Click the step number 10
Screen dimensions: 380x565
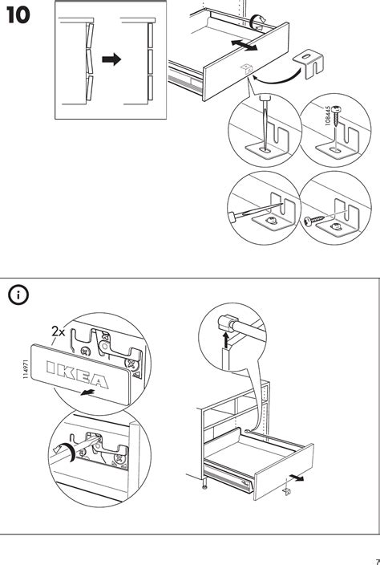[18, 16]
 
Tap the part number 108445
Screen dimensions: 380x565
[327, 116]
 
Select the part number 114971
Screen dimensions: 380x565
[26, 368]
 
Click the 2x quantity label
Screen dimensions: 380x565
[59, 331]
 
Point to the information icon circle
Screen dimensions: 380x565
[18, 295]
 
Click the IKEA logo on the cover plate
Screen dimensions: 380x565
[78, 375]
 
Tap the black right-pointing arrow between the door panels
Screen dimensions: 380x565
[111, 59]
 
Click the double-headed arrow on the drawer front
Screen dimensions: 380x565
[244, 45]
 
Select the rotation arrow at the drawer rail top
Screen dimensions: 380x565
[257, 22]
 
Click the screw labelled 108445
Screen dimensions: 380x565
[336, 115]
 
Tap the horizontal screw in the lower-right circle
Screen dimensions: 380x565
[313, 220]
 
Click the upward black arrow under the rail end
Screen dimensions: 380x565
[226, 340]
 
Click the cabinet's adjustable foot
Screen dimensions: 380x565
[204, 485]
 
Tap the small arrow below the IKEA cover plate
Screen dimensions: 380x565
[87, 392]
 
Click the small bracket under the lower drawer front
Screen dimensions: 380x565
[287, 491]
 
